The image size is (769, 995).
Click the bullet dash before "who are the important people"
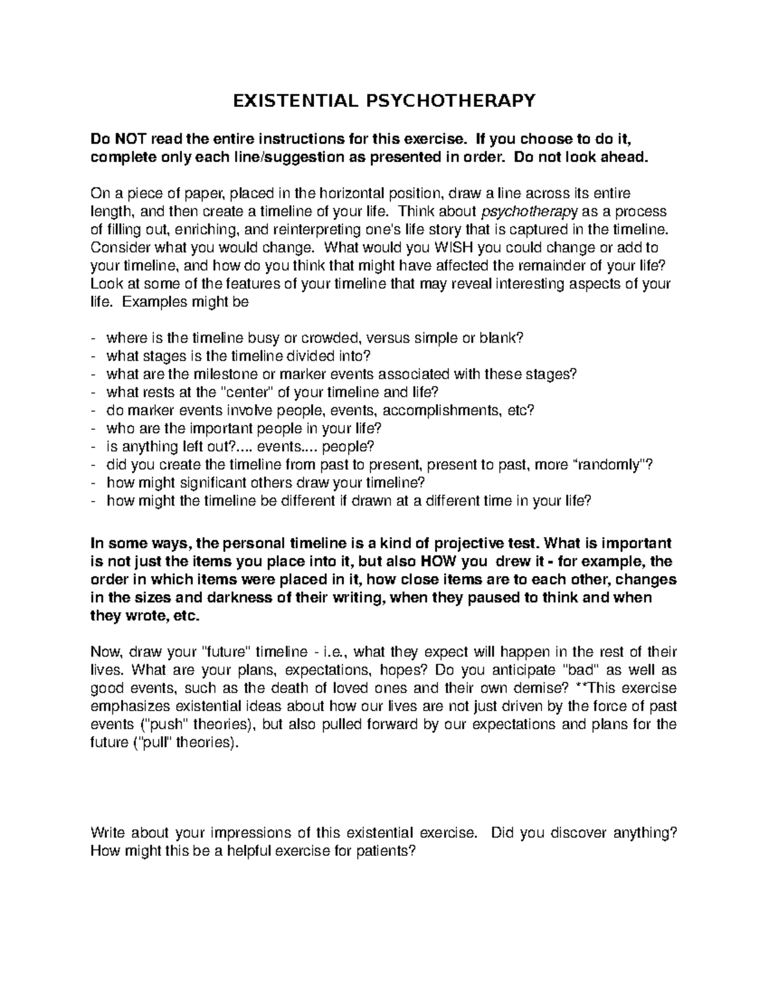95,429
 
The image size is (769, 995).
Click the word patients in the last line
383,851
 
